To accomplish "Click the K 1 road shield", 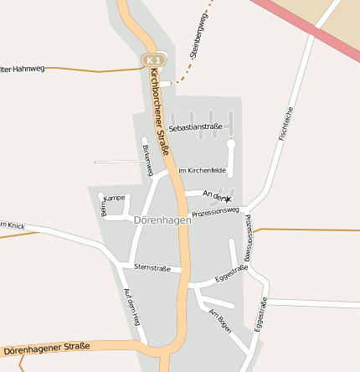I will [x=152, y=60].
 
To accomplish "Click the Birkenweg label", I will [x=148, y=159].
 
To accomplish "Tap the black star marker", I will [x=226, y=199].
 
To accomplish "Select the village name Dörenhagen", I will [x=162, y=220].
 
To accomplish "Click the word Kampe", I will [x=116, y=198].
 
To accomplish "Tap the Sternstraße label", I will [x=152, y=268].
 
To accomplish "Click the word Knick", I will [x=15, y=225].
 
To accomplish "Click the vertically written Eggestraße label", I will [x=262, y=316].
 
